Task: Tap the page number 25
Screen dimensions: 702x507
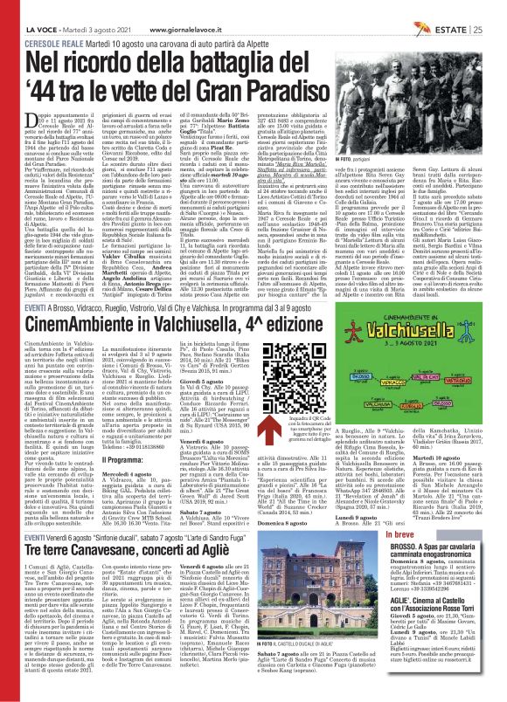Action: tap(498, 8)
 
